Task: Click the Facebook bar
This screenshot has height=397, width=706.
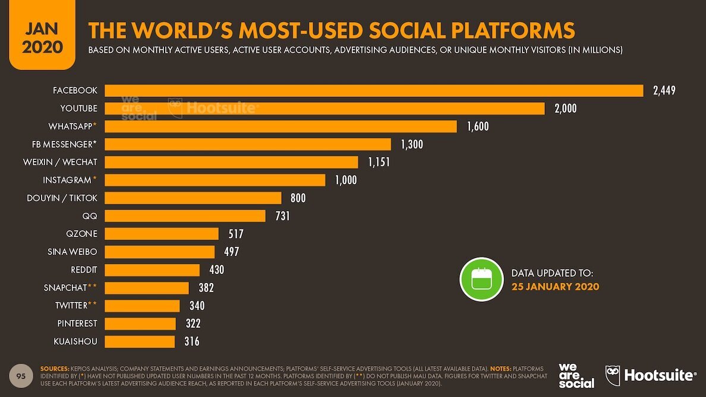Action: coord(374,90)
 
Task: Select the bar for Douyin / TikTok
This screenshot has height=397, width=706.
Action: coord(193,198)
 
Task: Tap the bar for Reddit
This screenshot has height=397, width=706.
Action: coord(152,270)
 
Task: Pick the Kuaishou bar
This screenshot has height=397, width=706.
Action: coord(140,341)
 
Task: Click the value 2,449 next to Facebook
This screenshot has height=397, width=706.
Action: coord(664,90)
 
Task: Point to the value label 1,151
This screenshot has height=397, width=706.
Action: coord(379,162)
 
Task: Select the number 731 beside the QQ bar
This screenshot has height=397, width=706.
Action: coord(282,216)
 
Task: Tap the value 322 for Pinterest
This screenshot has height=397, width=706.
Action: coord(193,323)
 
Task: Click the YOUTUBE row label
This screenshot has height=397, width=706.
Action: coord(78,108)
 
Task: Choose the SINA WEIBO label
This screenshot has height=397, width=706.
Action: coord(72,251)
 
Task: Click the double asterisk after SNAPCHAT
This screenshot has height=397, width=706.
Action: coord(93,287)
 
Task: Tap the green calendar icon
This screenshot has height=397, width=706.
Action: coord(481,279)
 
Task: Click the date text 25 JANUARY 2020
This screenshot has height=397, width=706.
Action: coord(555,286)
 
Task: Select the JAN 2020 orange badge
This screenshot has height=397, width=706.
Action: coord(42,37)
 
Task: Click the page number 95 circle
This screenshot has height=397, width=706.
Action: coord(21,376)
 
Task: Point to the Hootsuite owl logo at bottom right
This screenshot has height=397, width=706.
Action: coord(613,376)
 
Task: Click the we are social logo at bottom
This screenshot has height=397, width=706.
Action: coord(576,376)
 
